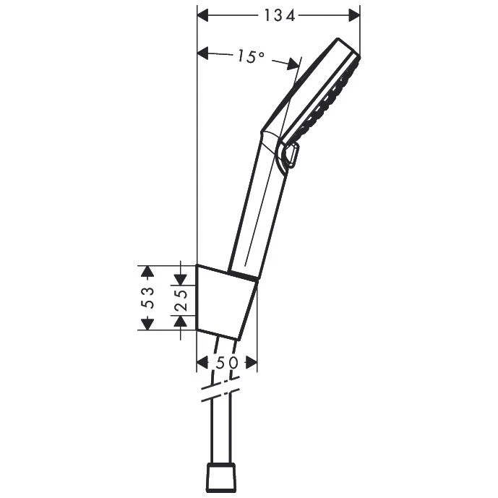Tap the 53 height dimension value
[x=147, y=297]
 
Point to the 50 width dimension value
[x=227, y=363]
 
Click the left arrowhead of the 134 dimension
[x=204, y=15]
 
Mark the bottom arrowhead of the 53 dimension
[x=147, y=322]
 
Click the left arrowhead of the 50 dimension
[x=202, y=363]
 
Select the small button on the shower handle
[x=291, y=156]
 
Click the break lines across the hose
[x=220, y=393]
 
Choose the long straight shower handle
[x=257, y=210]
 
